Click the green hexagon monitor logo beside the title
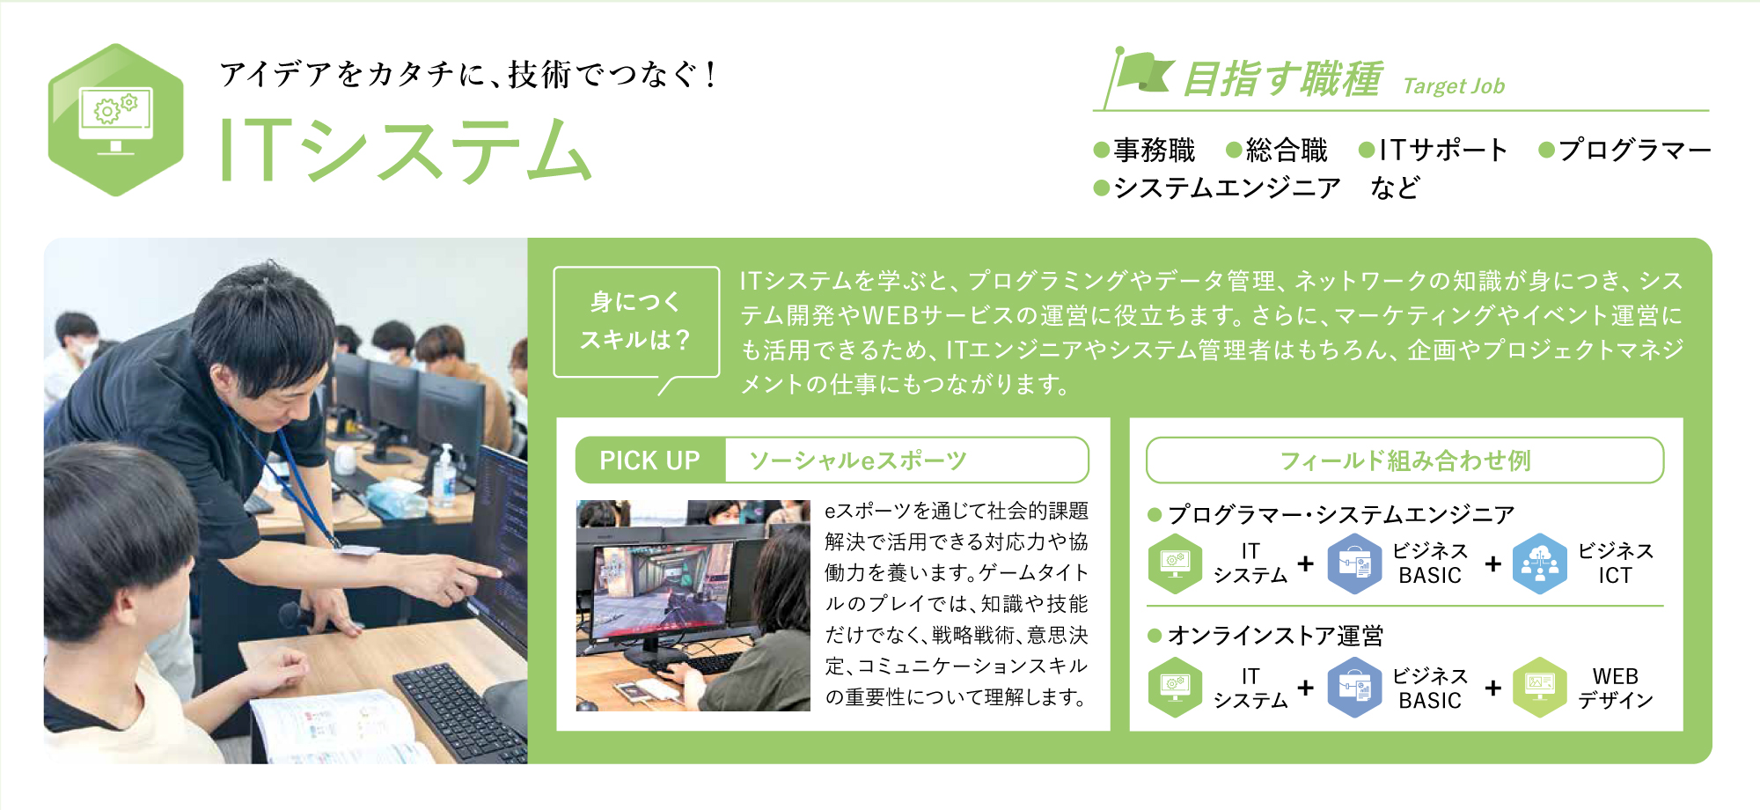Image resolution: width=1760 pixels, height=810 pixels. coord(115,120)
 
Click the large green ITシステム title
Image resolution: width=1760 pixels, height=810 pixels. coord(405,151)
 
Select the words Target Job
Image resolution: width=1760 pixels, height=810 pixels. coord(1454,86)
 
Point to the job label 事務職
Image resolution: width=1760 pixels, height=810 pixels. coord(1154,150)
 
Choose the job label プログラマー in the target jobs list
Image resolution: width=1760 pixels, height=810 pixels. coord(1634,150)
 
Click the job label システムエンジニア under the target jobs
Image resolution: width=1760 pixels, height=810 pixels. coord(1227,188)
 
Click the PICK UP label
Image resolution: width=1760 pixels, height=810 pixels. coord(650,460)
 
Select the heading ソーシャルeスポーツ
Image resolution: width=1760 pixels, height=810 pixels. coord(858,460)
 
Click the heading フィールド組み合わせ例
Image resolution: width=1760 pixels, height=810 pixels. coord(1404,460)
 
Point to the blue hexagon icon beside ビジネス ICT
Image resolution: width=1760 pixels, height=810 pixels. coord(1539,563)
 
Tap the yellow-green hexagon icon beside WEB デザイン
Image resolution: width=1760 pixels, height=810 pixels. coord(1539,688)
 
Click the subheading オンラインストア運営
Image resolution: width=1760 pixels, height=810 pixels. coord(1275,636)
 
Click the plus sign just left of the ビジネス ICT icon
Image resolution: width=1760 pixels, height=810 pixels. coord(1492,563)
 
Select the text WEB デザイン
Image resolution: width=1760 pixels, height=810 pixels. coord(1615,688)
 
